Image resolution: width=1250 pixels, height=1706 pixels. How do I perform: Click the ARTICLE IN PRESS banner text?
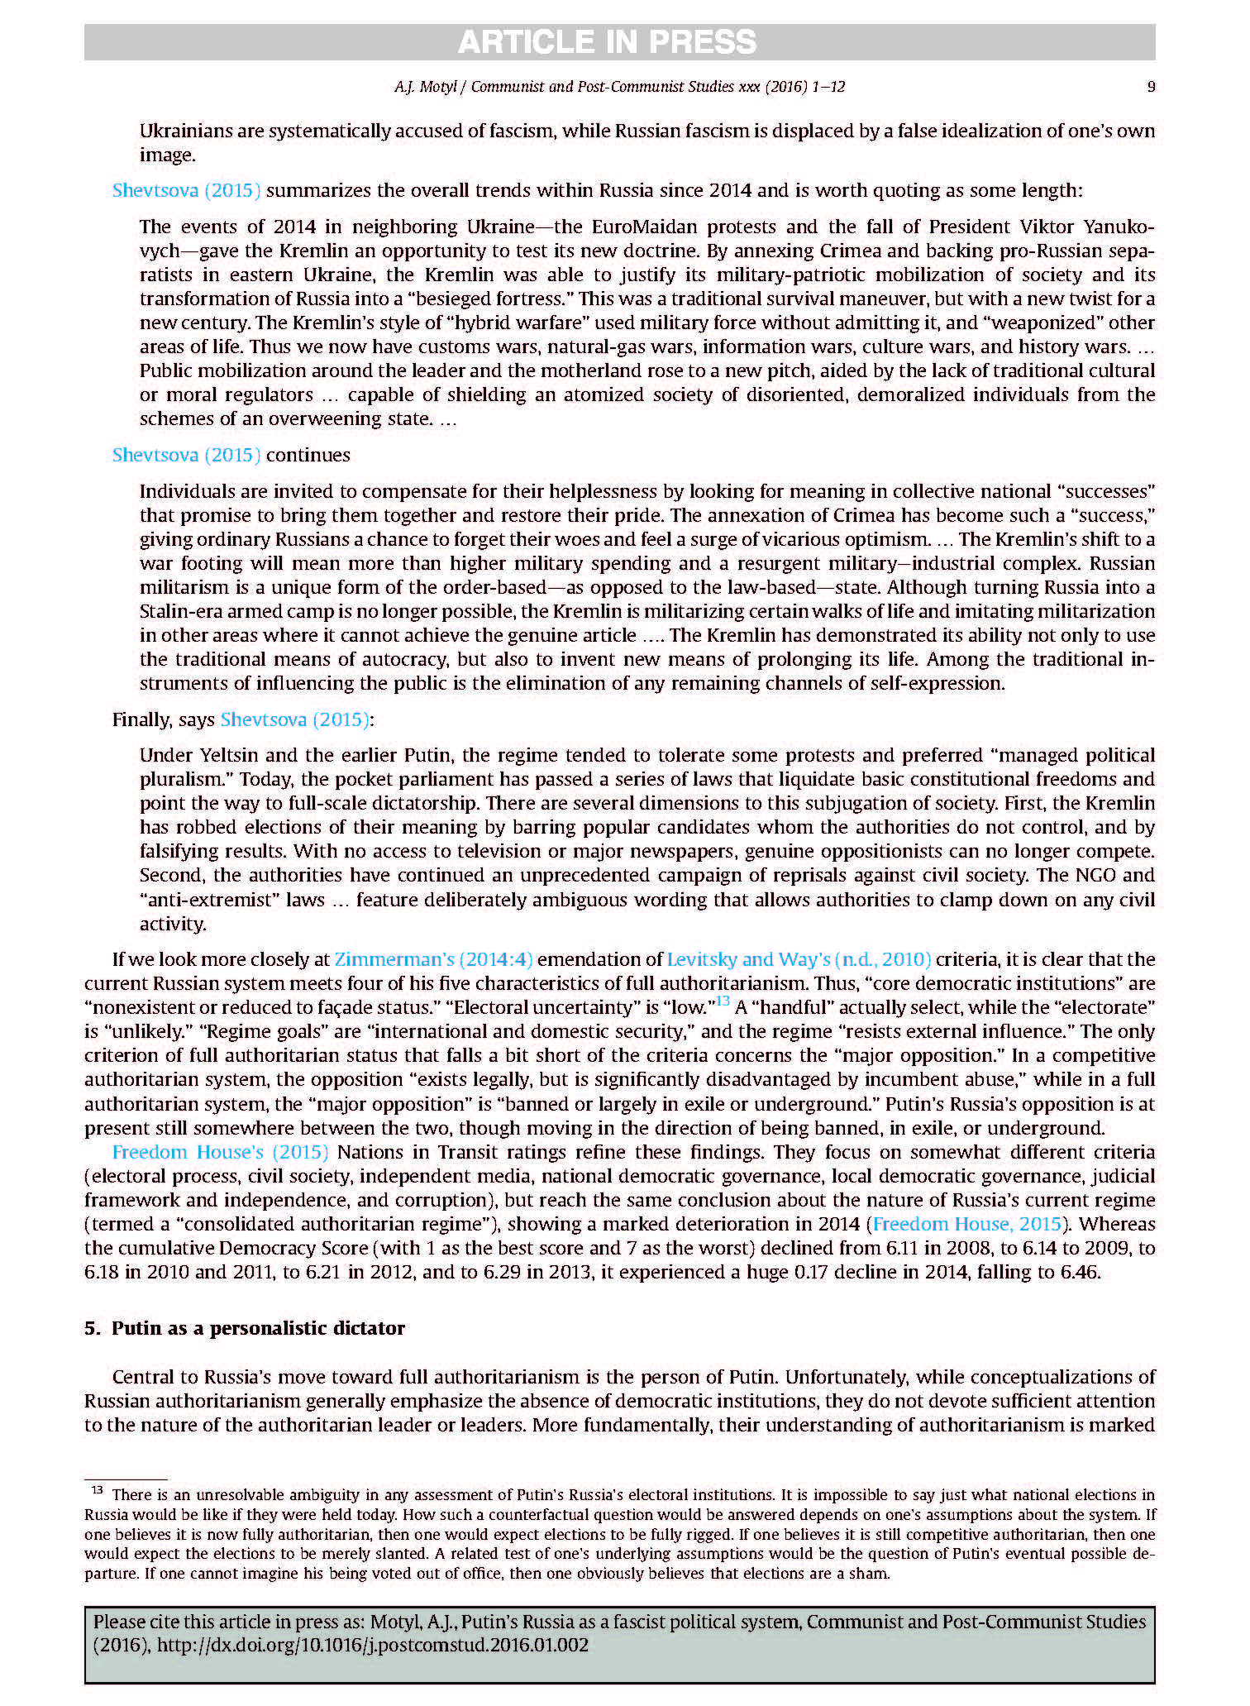(x=607, y=42)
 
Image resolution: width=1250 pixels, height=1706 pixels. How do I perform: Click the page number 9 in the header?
(x=1151, y=87)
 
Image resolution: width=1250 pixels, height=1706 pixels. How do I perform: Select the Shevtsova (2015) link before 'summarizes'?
(x=186, y=191)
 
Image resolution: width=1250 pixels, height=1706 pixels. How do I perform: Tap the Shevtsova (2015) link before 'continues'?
(x=186, y=456)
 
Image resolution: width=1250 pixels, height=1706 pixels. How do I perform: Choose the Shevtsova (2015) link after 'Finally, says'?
(x=294, y=720)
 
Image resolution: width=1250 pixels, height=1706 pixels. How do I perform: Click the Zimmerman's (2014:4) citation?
(x=433, y=960)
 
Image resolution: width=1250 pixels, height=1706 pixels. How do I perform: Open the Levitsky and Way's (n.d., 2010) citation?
(x=799, y=960)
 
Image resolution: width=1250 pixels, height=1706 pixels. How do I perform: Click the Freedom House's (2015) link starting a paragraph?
(x=220, y=1153)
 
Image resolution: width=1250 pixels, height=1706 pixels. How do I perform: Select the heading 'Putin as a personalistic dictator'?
(x=258, y=1329)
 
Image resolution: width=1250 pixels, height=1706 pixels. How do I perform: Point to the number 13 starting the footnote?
(x=97, y=1491)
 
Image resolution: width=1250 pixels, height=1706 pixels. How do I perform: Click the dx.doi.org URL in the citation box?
(x=372, y=1646)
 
